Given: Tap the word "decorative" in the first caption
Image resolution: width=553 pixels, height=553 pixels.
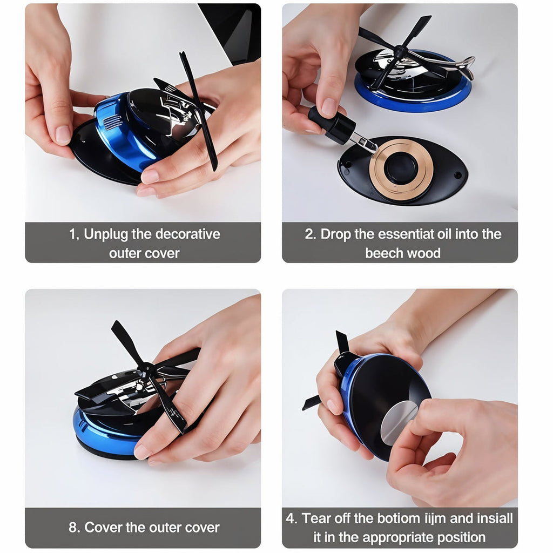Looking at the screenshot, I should tap(187, 234).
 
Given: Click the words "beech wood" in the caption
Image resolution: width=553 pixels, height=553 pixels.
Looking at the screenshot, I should tap(402, 253).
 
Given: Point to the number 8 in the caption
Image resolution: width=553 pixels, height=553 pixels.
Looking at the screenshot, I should tap(72, 527).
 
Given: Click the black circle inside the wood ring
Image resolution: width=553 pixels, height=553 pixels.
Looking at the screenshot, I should tap(401, 167).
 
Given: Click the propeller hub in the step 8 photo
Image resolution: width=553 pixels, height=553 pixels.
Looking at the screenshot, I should tap(146, 369).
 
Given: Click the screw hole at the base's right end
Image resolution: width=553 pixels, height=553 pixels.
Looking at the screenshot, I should tap(458, 176).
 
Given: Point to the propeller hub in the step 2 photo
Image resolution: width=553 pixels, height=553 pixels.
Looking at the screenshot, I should tap(400, 52).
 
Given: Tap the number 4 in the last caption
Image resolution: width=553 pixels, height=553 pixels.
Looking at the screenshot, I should tap(291, 518).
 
